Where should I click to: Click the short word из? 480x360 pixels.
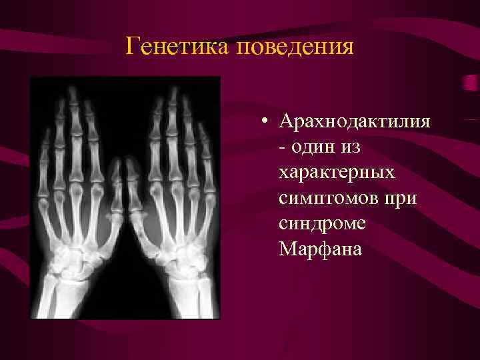coord(356,144)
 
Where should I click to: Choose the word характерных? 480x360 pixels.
coord(337,172)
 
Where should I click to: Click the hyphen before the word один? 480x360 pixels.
coord(283,145)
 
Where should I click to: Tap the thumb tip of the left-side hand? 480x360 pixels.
coord(117,165)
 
